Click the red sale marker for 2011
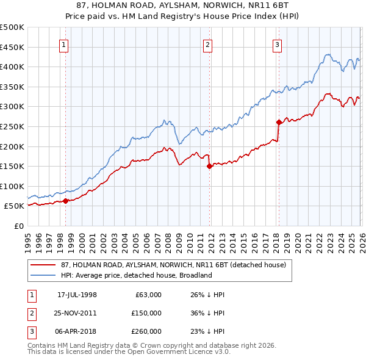pyautogui.click(x=209, y=165)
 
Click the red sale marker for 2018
pyautogui.click(x=279, y=122)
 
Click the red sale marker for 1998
pyautogui.click(x=66, y=200)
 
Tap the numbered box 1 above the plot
pyautogui.click(x=64, y=44)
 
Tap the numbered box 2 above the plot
pyautogui.click(x=208, y=44)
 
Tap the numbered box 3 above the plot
pyautogui.click(x=277, y=44)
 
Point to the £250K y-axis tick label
pyautogui.click(x=12, y=126)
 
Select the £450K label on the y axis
pyautogui.click(x=12, y=47)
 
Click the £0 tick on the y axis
pyautogui.click(x=20, y=226)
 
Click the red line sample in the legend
pyautogui.click(x=43, y=264)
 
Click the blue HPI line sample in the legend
pyautogui.click(x=43, y=275)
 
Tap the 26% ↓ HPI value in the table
pyautogui.click(x=207, y=295)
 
